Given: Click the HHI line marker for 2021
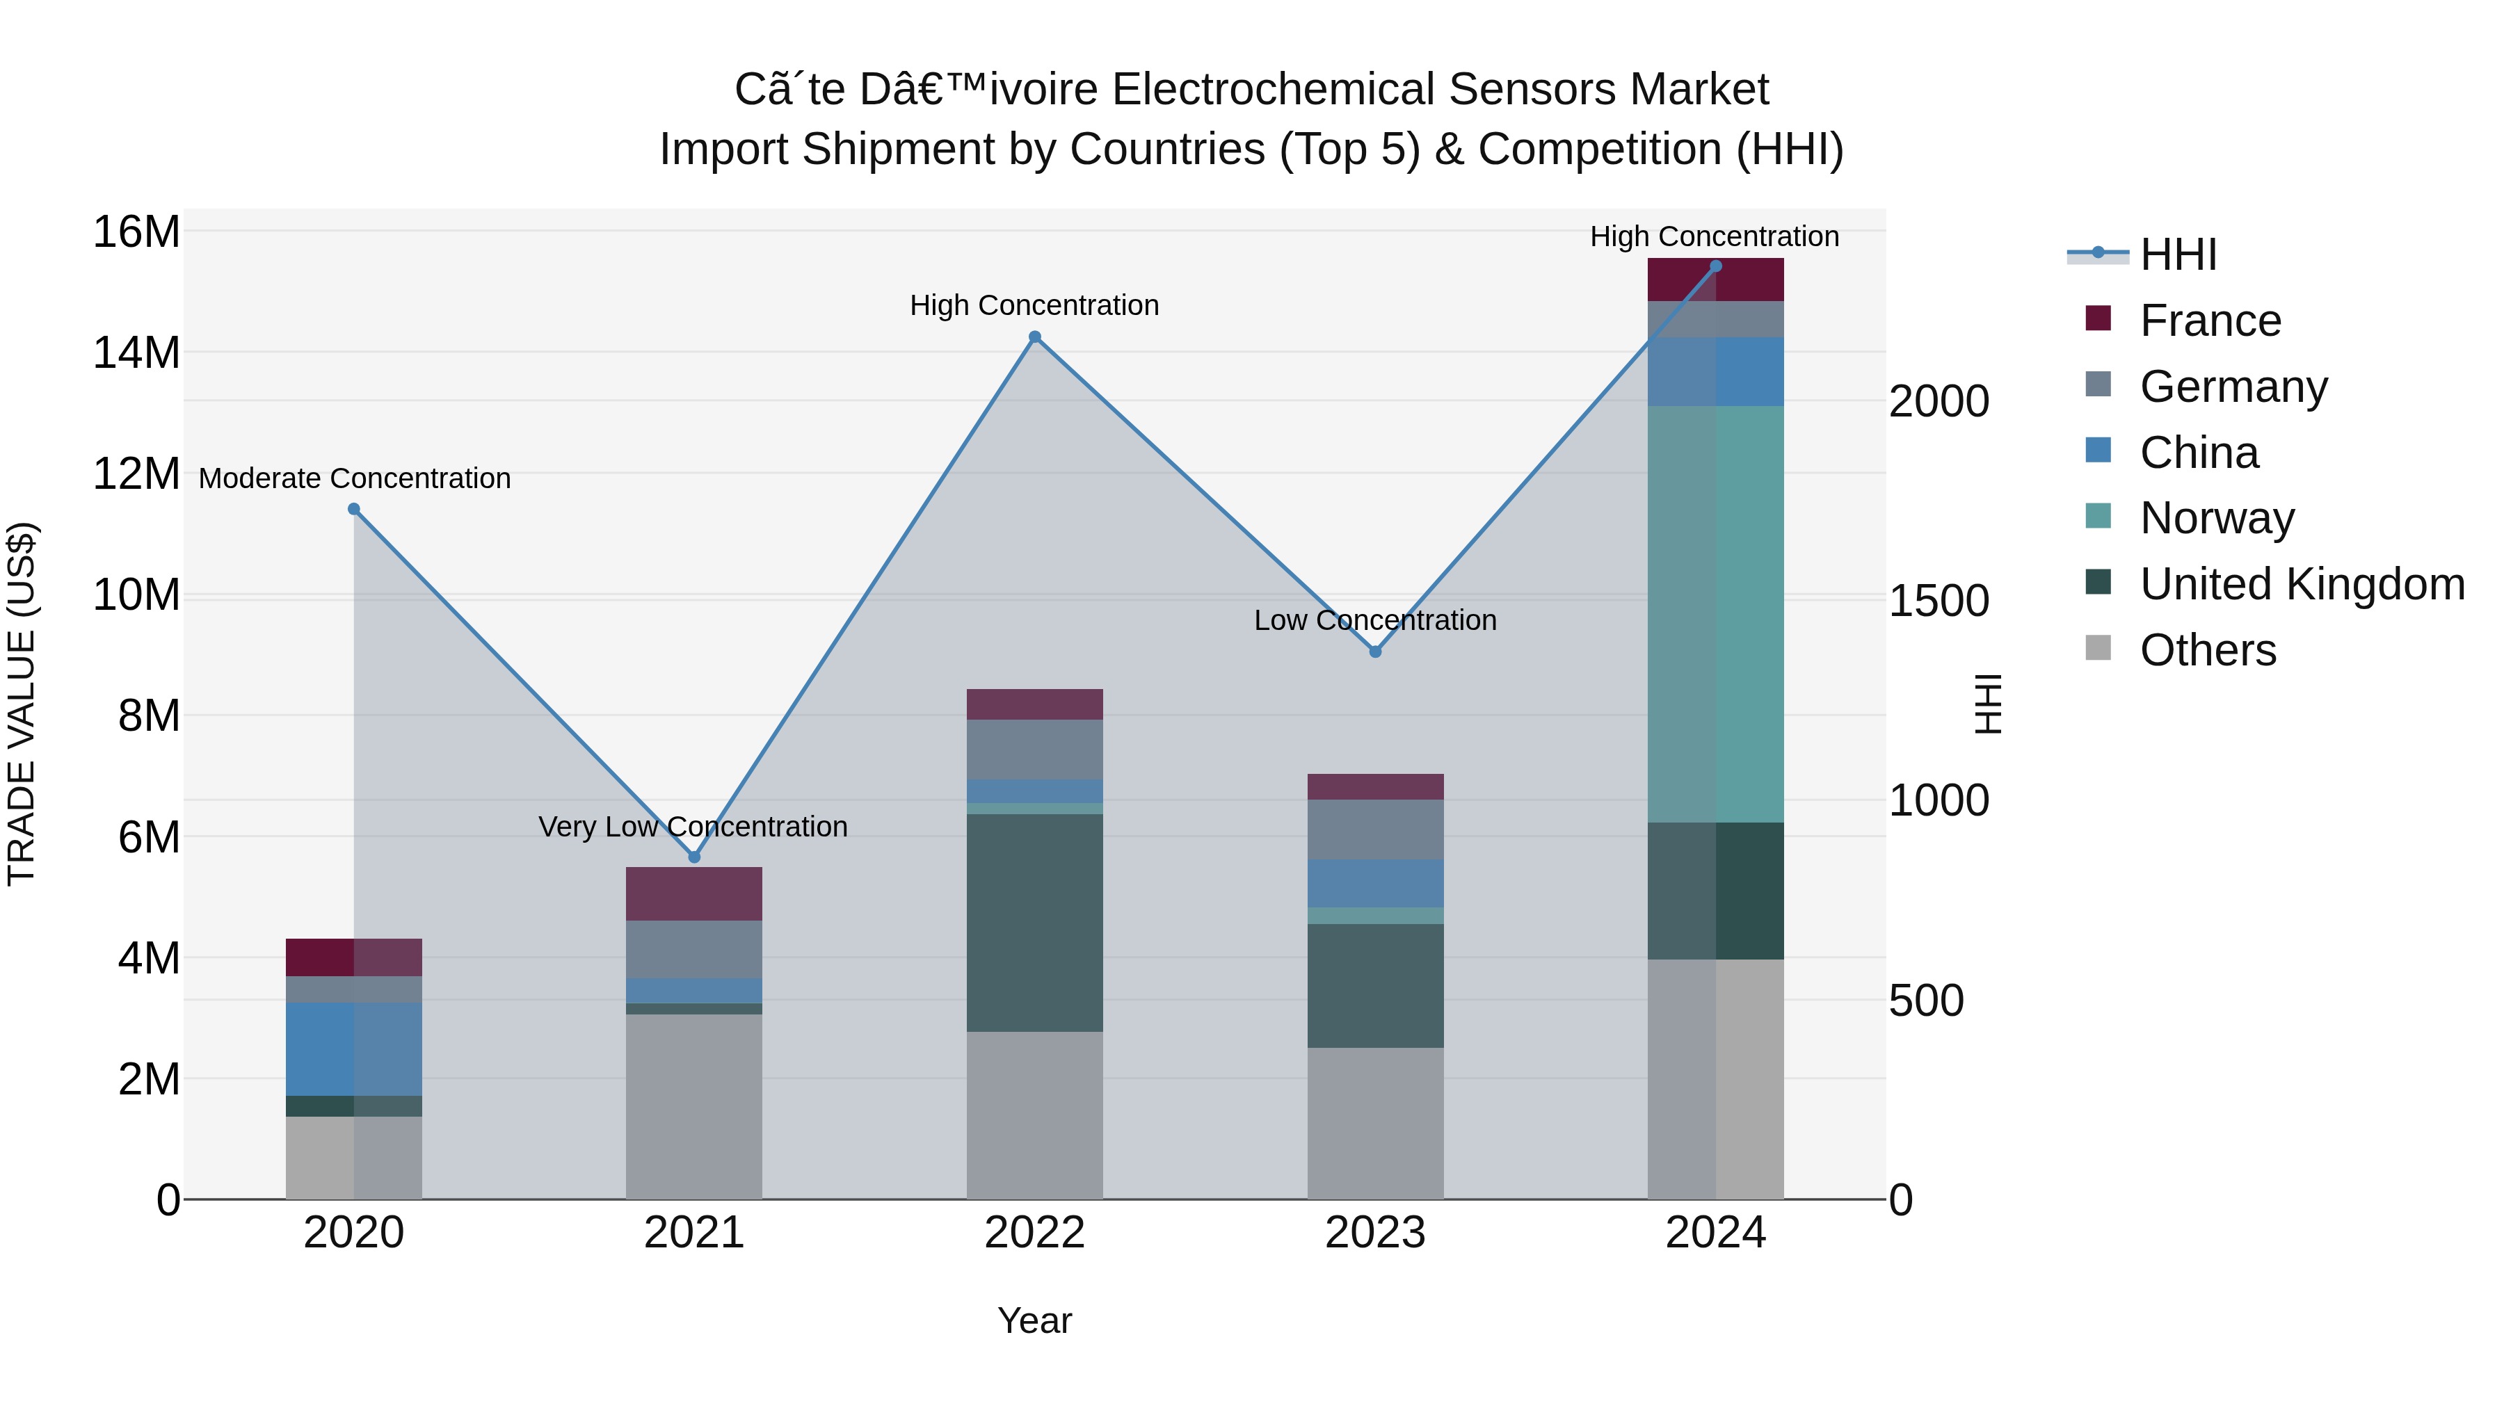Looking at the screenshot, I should click(694, 857).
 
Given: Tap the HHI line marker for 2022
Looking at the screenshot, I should click(1034, 337).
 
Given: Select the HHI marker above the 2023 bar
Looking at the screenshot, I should click(1374, 651).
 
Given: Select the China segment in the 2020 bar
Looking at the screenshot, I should click(354, 1049).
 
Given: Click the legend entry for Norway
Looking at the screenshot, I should click(2216, 518).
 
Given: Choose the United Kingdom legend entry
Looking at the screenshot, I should click(2301, 584).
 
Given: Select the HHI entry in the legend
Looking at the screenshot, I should click(2177, 254).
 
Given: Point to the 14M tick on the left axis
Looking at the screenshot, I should click(136, 353).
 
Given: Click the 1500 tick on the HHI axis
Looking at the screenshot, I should click(1939, 601).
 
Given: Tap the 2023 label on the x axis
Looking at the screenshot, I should click(1374, 1233).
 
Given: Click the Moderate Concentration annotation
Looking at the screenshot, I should click(354, 478).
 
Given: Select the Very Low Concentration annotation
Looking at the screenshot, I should click(692, 827).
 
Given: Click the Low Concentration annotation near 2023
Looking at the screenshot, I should click(1374, 620).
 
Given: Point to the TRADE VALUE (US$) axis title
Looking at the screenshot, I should click(22, 704).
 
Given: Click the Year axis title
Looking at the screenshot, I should click(1034, 1320).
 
